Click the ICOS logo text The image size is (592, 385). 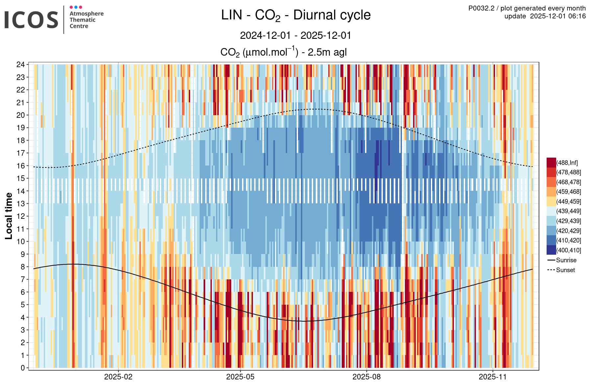tap(31, 20)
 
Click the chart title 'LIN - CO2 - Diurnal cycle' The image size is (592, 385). tap(296, 15)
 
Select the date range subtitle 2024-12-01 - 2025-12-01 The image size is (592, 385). tap(295, 36)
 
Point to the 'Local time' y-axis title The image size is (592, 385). tap(9, 216)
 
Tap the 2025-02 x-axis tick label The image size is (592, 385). tap(118, 377)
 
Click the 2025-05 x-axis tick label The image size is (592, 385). tap(240, 377)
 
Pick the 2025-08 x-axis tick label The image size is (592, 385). tap(366, 377)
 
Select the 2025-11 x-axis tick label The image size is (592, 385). tap(493, 377)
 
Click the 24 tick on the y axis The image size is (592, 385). tap(21, 64)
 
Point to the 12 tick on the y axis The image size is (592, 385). tap(21, 216)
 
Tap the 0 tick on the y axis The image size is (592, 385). tap(23, 368)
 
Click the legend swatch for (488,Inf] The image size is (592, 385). tap(551, 163)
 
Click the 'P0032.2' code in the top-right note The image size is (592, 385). tap(481, 9)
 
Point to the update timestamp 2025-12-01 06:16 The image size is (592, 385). tap(558, 16)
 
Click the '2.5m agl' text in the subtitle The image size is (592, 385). tap(327, 52)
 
